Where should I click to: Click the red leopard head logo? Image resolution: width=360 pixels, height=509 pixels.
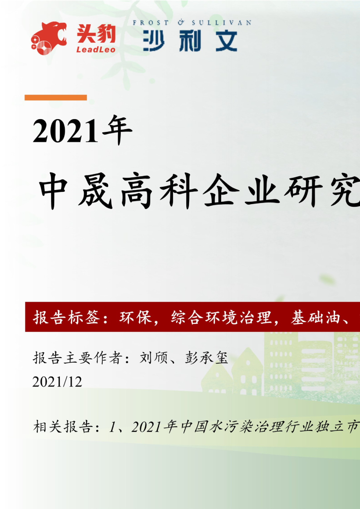[x=48, y=38]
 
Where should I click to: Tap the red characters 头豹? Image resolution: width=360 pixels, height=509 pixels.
[x=96, y=34]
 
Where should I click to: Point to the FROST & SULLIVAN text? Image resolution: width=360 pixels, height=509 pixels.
[x=192, y=23]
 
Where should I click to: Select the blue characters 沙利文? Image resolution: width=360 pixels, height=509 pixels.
[x=190, y=41]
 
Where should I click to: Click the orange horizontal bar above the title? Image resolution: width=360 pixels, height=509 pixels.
[x=56, y=98]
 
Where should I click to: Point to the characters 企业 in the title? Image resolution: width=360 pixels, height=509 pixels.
[x=241, y=191]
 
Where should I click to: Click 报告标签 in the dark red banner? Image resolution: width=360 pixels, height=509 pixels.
[x=67, y=318]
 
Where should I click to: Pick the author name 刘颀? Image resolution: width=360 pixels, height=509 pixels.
[x=153, y=358]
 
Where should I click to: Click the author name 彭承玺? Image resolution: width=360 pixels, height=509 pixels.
[x=206, y=358]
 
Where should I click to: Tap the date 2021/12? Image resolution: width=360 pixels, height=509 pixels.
[x=57, y=382]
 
